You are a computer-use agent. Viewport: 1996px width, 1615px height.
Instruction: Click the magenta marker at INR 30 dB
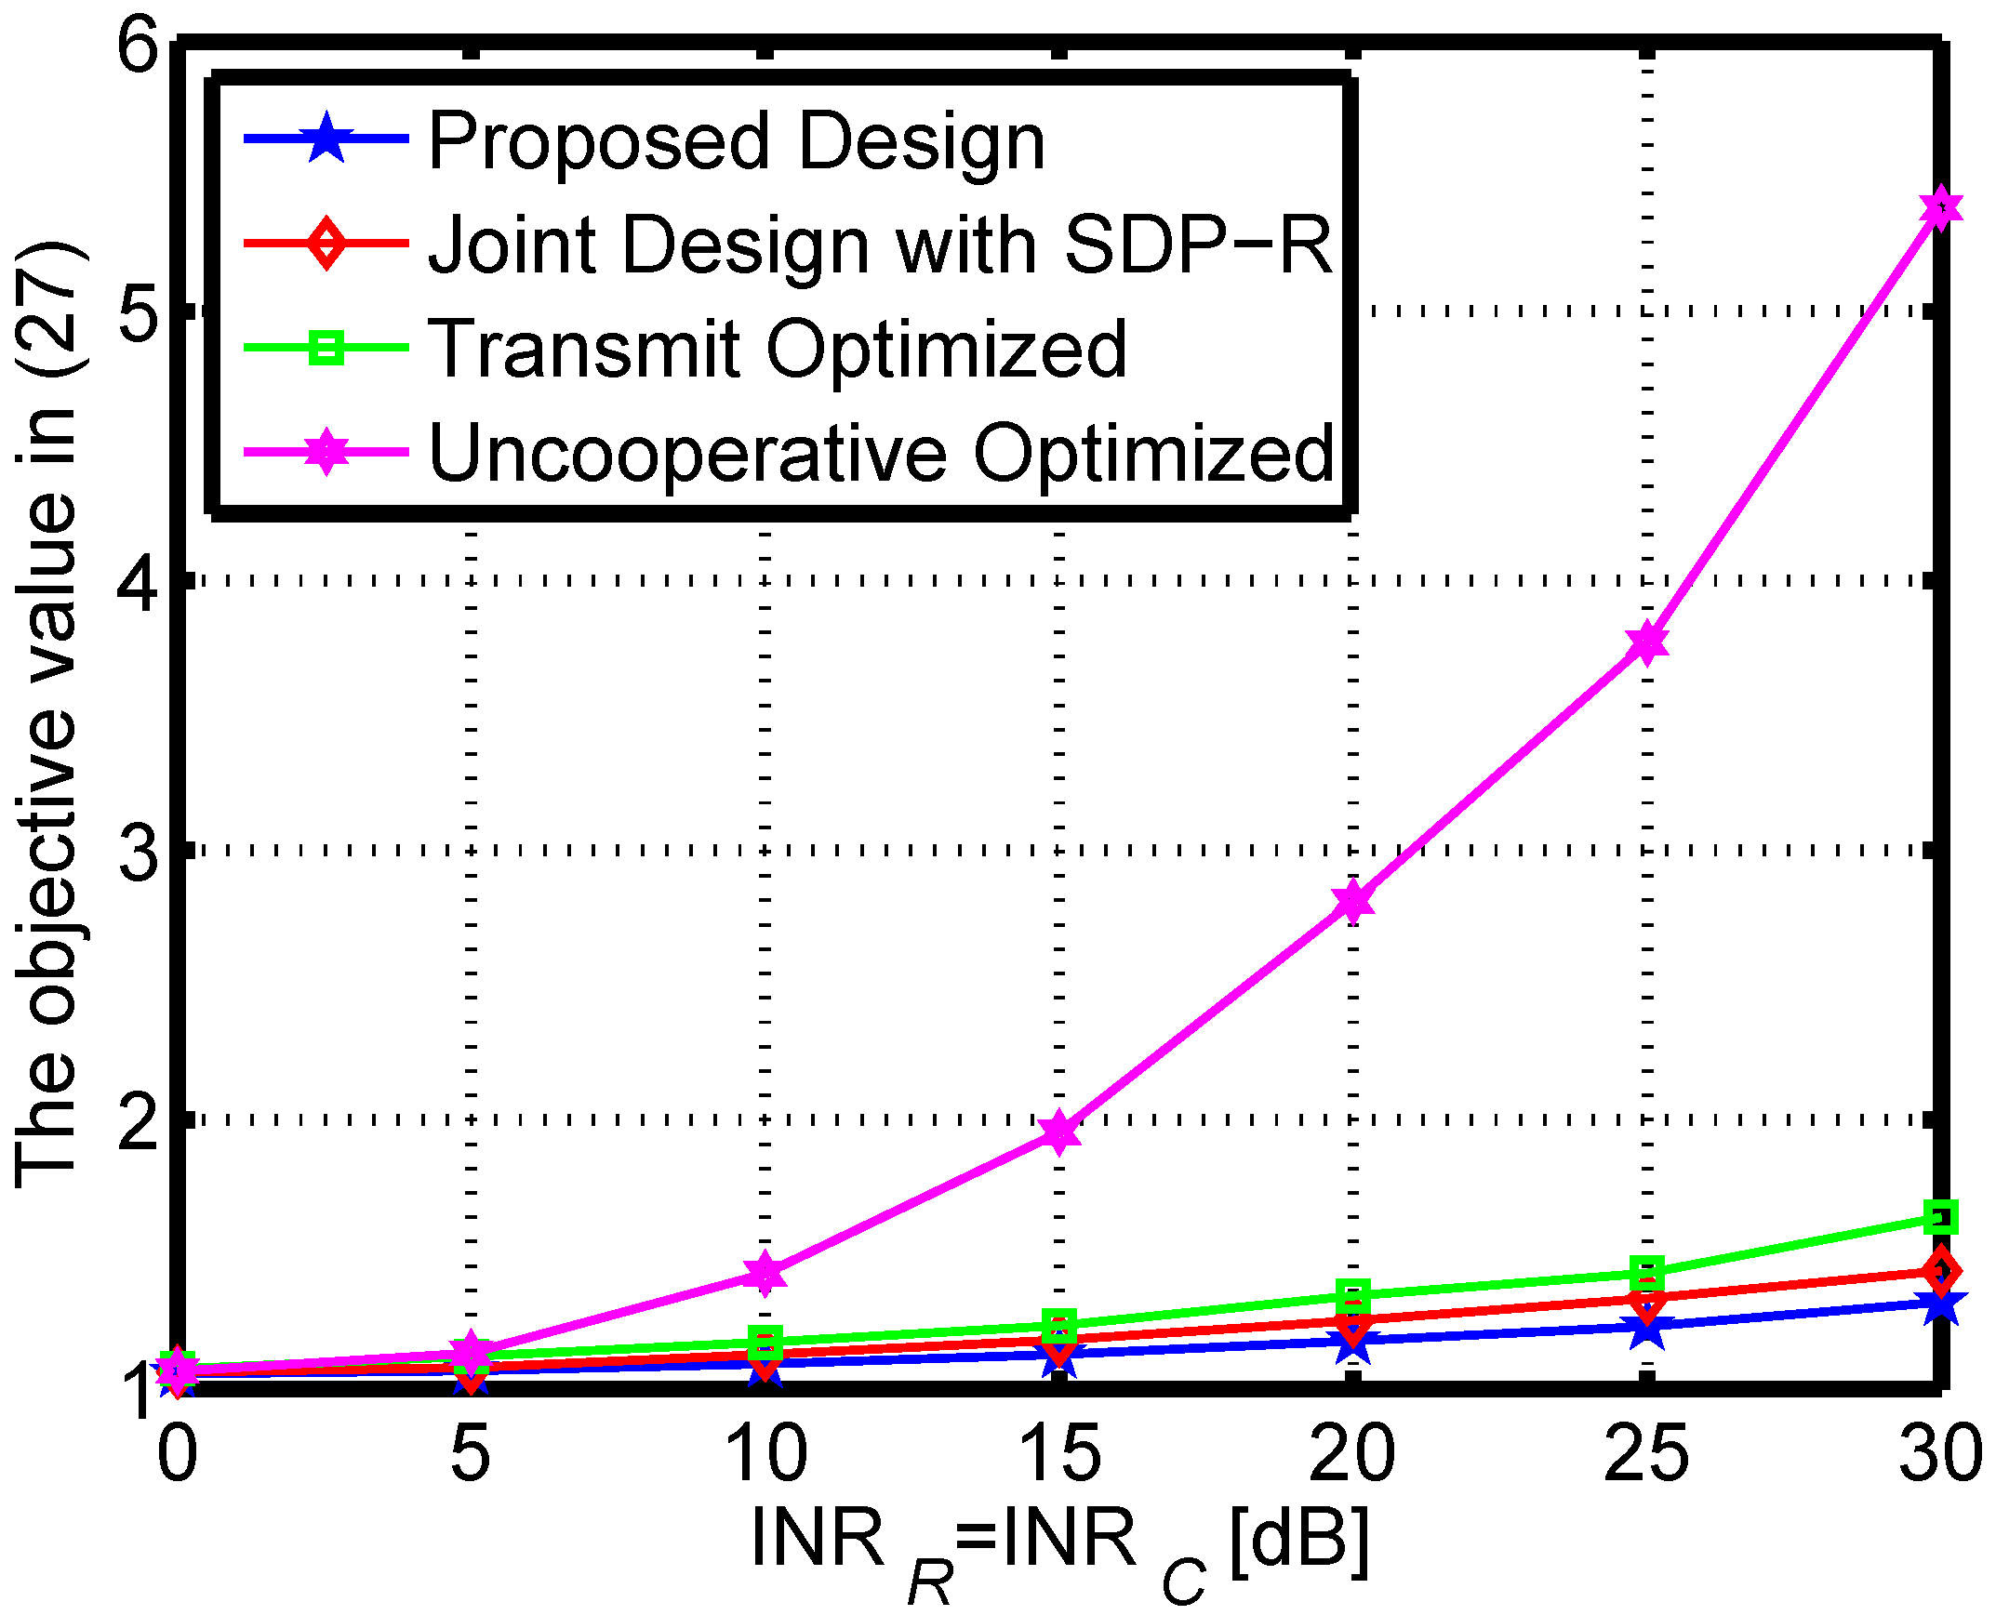[1940, 207]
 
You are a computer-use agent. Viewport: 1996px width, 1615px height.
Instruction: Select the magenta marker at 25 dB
[1646, 642]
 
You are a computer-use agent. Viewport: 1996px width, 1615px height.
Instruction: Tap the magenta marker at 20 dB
[1352, 901]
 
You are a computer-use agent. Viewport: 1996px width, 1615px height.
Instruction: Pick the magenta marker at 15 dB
[1059, 1132]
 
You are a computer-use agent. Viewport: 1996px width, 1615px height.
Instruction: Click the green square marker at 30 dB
[1940, 1216]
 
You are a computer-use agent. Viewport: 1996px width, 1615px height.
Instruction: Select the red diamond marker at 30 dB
[1940, 1270]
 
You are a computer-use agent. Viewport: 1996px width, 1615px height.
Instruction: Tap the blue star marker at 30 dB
[1940, 1305]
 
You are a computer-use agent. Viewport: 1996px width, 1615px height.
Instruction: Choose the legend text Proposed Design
[736, 141]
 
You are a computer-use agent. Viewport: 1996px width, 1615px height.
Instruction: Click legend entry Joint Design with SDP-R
[880, 245]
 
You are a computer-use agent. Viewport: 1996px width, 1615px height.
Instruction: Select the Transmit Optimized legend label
[777, 349]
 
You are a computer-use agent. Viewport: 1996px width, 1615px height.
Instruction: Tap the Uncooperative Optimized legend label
[880, 453]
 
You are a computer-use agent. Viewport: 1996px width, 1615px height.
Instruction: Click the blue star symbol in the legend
[326, 139]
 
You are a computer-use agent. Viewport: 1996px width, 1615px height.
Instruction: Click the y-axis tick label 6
[138, 45]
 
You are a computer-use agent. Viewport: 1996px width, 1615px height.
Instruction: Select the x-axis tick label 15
[1059, 1453]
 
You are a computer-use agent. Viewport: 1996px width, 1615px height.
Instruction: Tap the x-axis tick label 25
[1646, 1453]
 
